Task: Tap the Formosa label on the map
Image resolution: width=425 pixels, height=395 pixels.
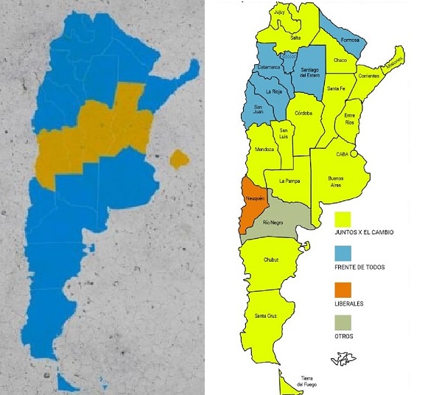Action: (349, 41)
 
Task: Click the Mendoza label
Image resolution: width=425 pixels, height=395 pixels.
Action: (264, 149)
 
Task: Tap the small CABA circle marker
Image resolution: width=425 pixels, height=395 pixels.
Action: (354, 155)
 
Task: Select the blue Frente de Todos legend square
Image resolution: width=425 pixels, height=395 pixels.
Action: (343, 254)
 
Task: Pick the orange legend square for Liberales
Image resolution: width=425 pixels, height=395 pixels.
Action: (343, 287)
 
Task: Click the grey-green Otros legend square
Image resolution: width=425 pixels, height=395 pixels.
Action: (343, 321)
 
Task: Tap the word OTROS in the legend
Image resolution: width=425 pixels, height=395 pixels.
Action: (344, 337)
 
